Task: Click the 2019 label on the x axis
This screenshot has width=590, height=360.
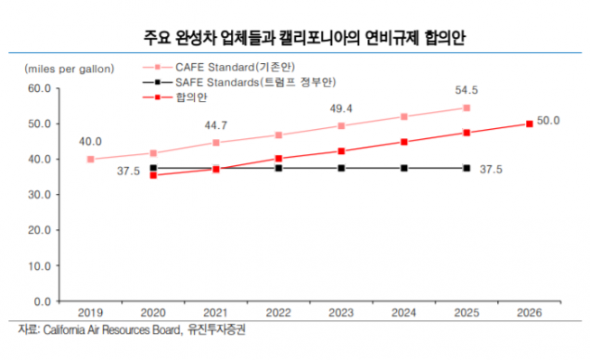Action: coord(91,311)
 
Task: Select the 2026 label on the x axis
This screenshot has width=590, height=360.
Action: coord(530,311)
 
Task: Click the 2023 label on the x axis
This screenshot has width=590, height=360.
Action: coord(341,311)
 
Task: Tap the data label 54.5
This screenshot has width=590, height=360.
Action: coord(466,91)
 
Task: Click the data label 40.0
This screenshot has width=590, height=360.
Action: coord(90,142)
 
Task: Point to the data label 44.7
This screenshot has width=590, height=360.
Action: coord(216,125)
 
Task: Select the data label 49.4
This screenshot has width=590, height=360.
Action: coord(341,108)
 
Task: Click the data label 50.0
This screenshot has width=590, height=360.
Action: coord(549,120)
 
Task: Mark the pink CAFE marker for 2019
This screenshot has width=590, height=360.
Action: coord(91,159)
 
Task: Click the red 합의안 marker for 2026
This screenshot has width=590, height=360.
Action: coord(530,124)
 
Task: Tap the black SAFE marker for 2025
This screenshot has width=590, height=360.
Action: coord(466,168)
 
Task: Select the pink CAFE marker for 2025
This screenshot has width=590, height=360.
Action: coord(466,107)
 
